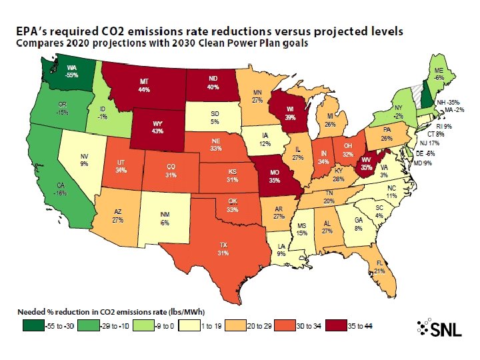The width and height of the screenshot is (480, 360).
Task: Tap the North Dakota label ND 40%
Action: coord(213,83)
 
